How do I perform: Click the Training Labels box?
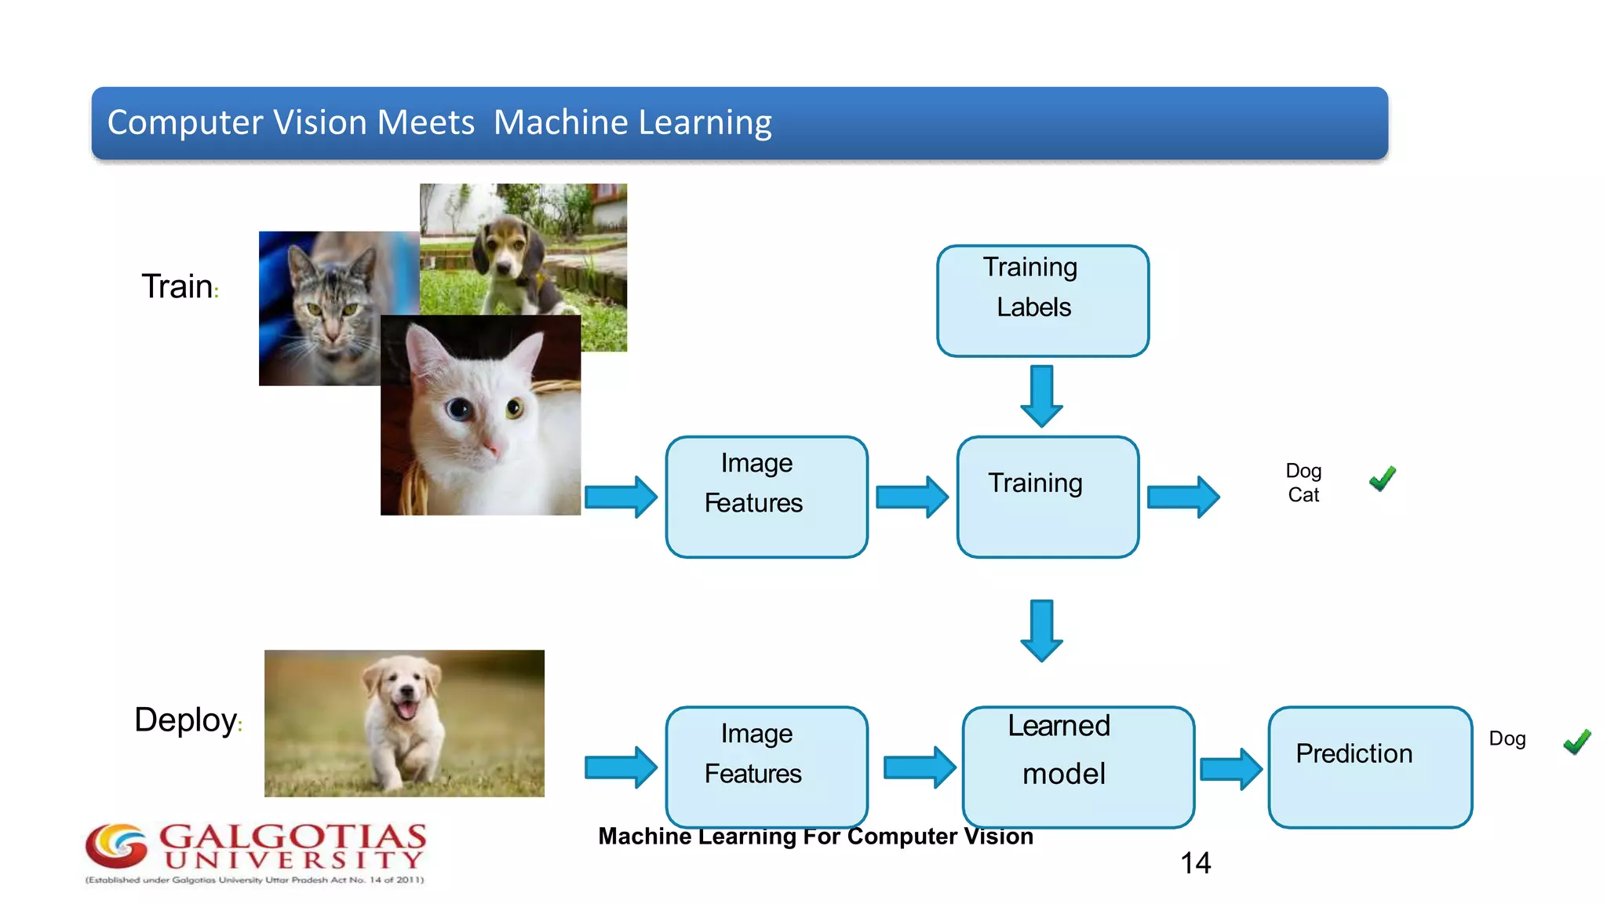coord(1042,301)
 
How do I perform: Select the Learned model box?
coord(1077,767)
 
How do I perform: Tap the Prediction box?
coord(1369,767)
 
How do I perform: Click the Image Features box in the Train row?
coord(766,497)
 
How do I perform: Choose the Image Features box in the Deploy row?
coord(766,767)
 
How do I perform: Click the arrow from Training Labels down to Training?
coord(1041,395)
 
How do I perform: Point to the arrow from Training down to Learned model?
coord(1041,630)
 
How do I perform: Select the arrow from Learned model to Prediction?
coord(1230,768)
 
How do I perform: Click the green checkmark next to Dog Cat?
coord(1383,478)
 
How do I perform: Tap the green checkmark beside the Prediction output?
coord(1576,741)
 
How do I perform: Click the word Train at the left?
coord(177,286)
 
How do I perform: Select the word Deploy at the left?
coord(186,720)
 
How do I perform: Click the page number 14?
coord(1195,863)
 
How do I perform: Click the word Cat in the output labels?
coord(1303,495)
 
